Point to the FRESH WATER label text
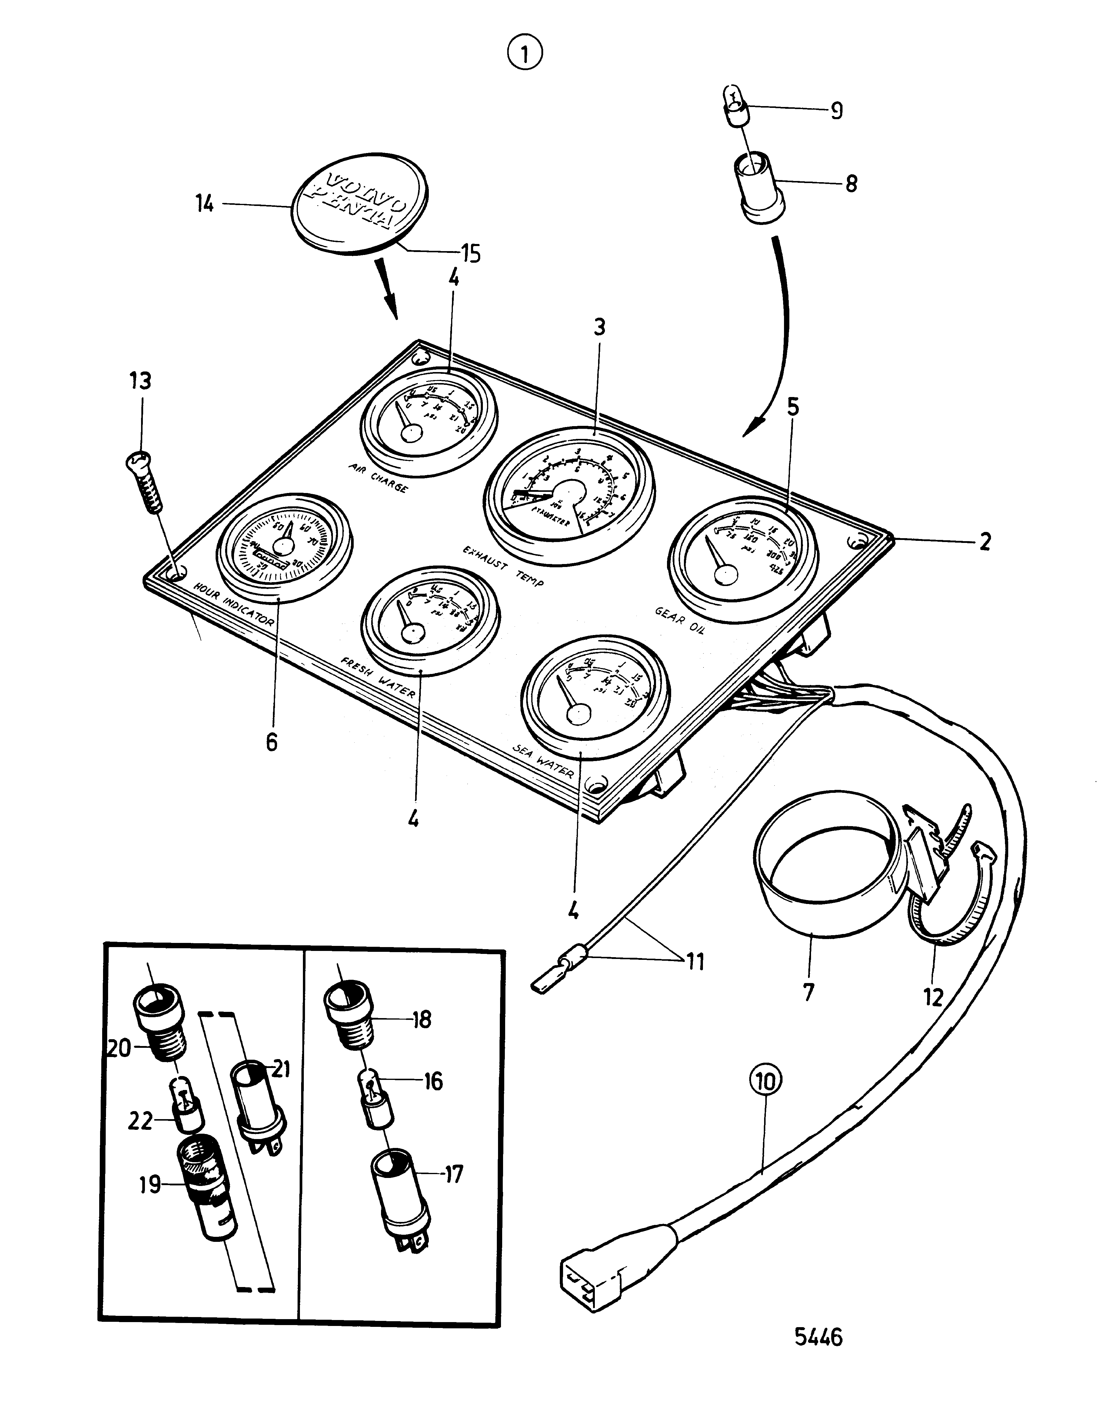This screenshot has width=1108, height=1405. point(378,676)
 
